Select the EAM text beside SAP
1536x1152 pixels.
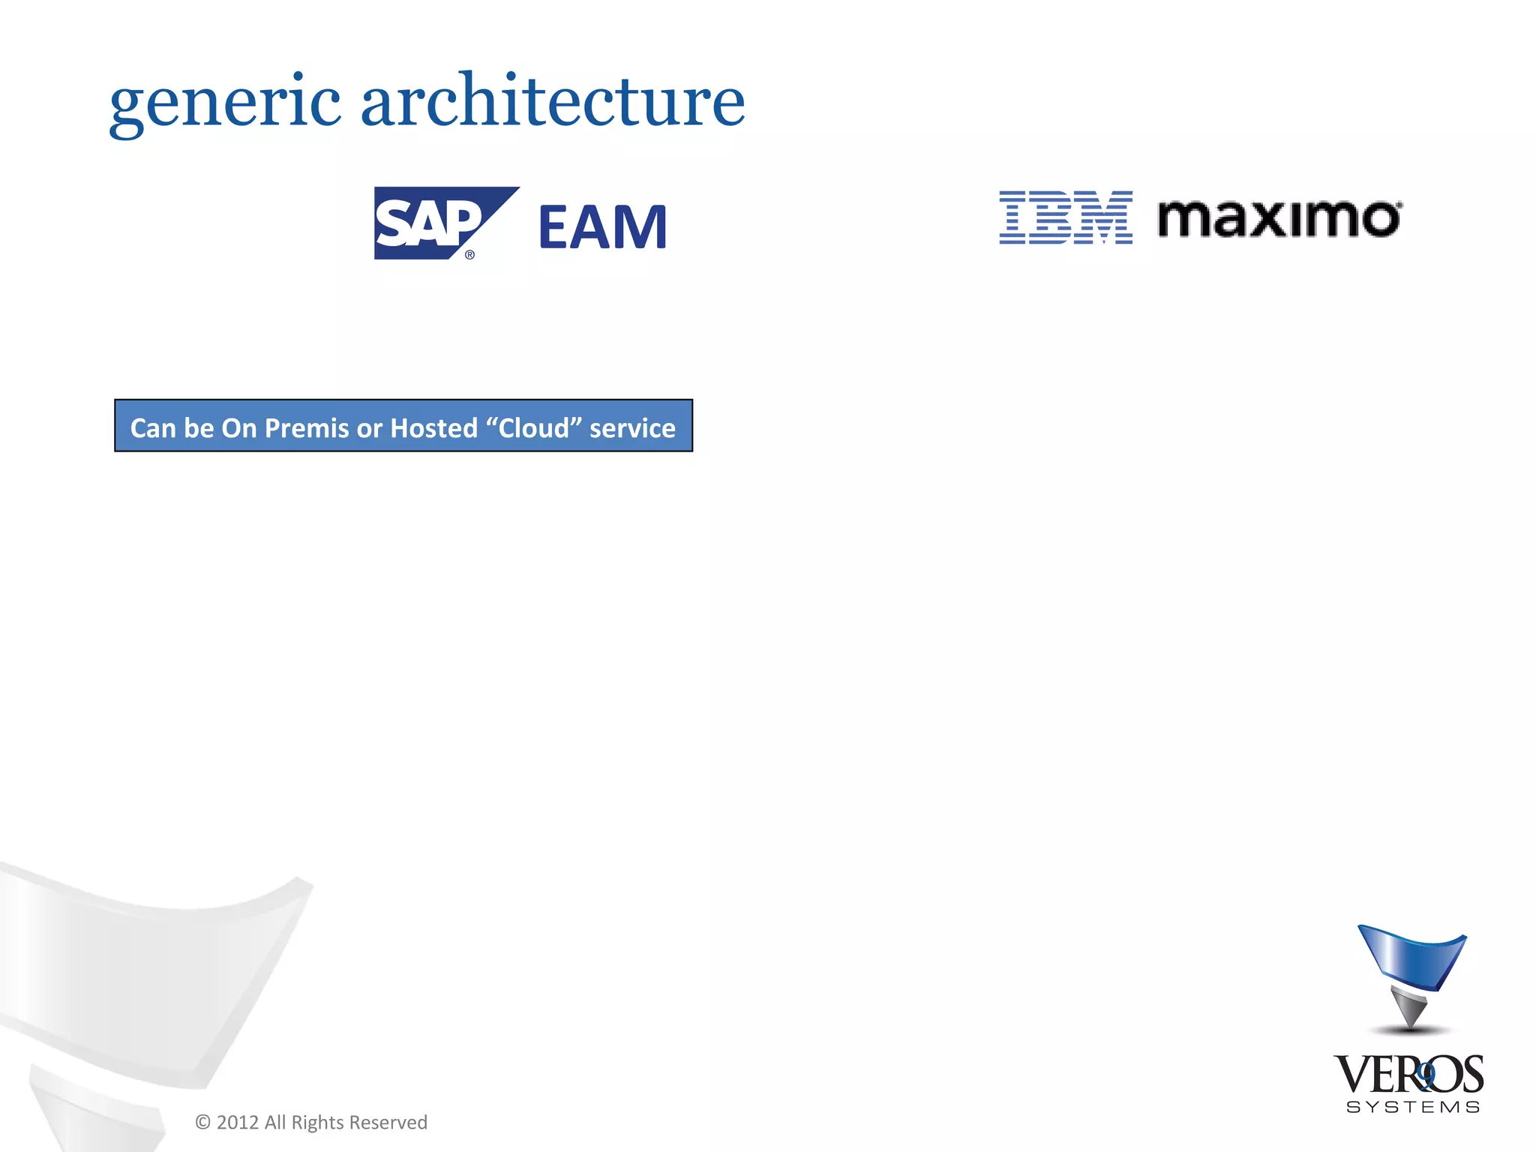click(602, 226)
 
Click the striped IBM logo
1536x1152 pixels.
click(1065, 217)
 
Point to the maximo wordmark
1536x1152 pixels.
click(1279, 218)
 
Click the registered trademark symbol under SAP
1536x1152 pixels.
click(470, 255)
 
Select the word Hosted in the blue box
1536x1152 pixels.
click(433, 427)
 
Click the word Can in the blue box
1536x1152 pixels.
click(153, 427)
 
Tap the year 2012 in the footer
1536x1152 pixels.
click(237, 1122)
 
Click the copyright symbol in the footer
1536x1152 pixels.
click(202, 1122)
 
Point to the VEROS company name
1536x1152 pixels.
click(1408, 1075)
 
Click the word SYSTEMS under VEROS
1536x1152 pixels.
click(1413, 1107)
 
